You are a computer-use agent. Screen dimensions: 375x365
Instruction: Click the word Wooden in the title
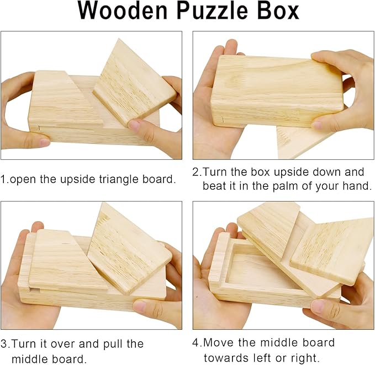pos(123,11)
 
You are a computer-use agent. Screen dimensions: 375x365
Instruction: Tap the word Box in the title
pos(278,11)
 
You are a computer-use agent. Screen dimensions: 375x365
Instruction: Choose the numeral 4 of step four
pos(196,343)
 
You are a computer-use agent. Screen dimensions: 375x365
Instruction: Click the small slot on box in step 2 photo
pos(223,119)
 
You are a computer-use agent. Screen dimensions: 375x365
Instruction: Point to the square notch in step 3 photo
pos(35,290)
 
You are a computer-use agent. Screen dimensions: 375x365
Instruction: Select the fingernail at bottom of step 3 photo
pos(139,306)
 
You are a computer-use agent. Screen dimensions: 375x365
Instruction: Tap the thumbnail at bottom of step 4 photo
pos(319,306)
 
